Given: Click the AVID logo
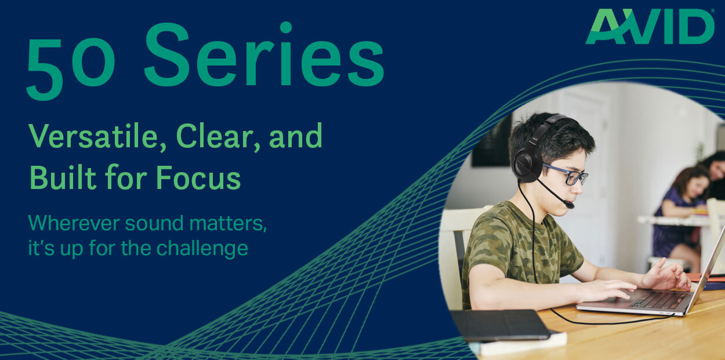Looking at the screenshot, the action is (650, 27).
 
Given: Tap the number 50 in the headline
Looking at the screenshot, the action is (71, 69).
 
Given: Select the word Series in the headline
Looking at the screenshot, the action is (264, 54).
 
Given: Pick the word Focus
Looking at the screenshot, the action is (198, 177).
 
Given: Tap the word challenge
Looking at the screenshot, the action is (202, 249).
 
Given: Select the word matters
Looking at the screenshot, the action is (228, 224).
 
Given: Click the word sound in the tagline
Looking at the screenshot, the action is (154, 224).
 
